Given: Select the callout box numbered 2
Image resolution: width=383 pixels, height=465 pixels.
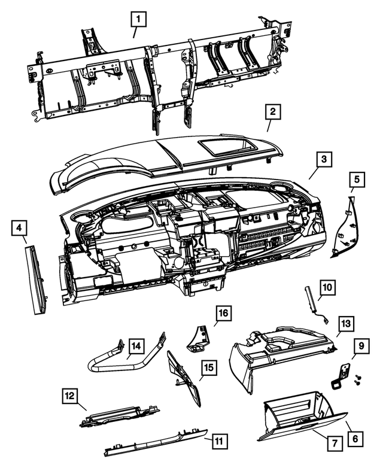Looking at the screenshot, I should (x=272, y=111).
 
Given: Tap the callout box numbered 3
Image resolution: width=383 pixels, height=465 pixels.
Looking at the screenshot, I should (x=323, y=159).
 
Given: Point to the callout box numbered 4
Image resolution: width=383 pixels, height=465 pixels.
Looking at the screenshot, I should (x=19, y=227).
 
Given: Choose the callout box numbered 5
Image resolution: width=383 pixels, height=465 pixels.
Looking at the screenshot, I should (x=356, y=178).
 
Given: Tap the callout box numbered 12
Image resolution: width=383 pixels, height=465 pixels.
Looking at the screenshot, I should (x=70, y=396).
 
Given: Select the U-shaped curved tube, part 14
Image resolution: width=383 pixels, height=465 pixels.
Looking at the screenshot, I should (x=114, y=362).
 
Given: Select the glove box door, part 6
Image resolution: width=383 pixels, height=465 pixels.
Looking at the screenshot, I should (x=299, y=425).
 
